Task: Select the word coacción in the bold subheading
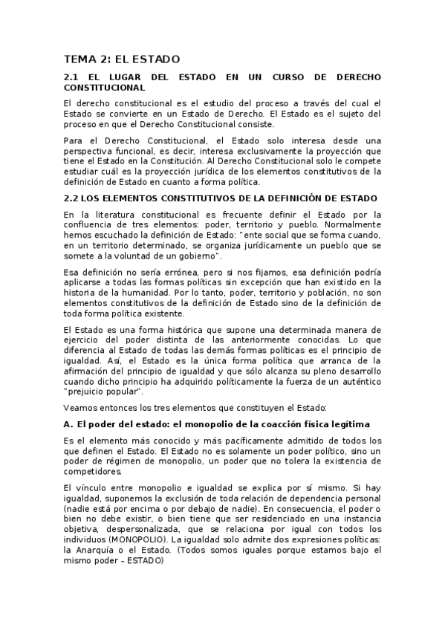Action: [x=271, y=424]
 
